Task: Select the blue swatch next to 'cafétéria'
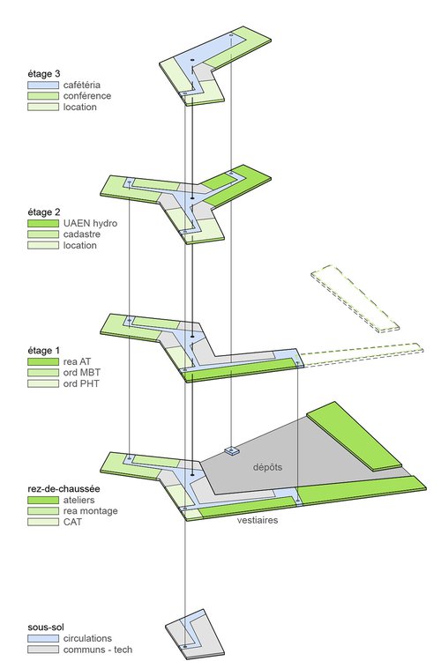[x=42, y=84]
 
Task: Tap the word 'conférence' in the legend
[x=86, y=95]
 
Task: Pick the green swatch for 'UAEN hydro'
[x=42, y=224]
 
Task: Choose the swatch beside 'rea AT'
[x=42, y=361]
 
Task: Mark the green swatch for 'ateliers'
[x=42, y=500]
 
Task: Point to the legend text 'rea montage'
[x=89, y=511]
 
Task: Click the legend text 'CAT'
[x=72, y=523]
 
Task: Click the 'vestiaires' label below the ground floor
[x=258, y=521]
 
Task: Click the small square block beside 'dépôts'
[x=233, y=451]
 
